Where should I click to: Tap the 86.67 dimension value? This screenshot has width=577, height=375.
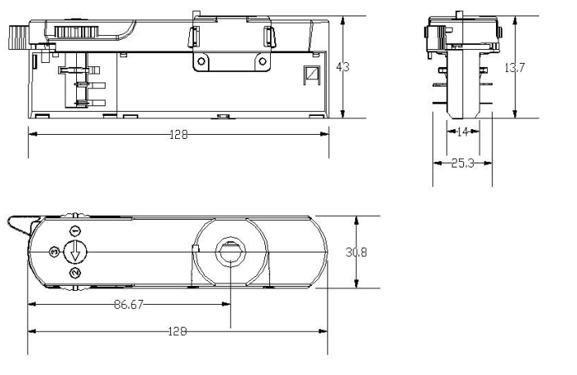(x=129, y=303)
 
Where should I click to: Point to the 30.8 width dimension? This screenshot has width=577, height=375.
(x=356, y=252)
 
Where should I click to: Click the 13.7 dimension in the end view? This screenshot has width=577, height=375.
(x=514, y=68)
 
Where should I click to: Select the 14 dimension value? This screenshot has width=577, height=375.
(x=462, y=131)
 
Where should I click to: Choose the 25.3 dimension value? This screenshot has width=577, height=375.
(x=463, y=163)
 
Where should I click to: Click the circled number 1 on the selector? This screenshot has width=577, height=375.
(x=74, y=230)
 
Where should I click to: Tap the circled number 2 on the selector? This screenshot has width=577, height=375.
(x=74, y=272)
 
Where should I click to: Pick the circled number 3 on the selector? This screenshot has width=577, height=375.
(x=54, y=251)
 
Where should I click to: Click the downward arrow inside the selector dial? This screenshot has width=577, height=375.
(x=74, y=252)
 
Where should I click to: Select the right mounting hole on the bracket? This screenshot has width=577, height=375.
(x=261, y=60)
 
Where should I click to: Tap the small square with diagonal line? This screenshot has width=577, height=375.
(x=311, y=74)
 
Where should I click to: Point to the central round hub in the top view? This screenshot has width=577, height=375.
(x=230, y=251)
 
